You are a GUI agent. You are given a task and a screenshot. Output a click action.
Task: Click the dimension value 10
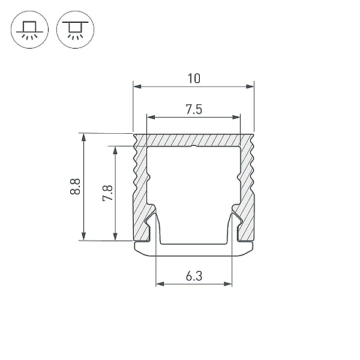click(194, 79)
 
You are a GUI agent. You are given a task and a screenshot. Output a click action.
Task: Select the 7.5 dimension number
click(194, 109)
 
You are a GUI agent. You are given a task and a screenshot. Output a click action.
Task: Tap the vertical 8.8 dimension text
click(75, 187)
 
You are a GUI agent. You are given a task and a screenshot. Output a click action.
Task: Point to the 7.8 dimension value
click(107, 193)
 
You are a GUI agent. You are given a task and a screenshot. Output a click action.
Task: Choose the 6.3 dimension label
click(194, 276)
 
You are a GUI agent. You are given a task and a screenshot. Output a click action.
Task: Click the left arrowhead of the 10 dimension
click(137, 86)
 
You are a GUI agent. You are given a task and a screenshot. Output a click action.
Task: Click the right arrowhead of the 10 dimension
click(250, 86)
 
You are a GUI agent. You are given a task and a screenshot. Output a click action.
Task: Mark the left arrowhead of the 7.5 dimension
click(151, 118)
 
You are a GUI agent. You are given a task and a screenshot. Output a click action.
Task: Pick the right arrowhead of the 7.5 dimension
click(236, 118)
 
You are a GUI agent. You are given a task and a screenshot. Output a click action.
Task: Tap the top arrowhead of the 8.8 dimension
click(83, 137)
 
